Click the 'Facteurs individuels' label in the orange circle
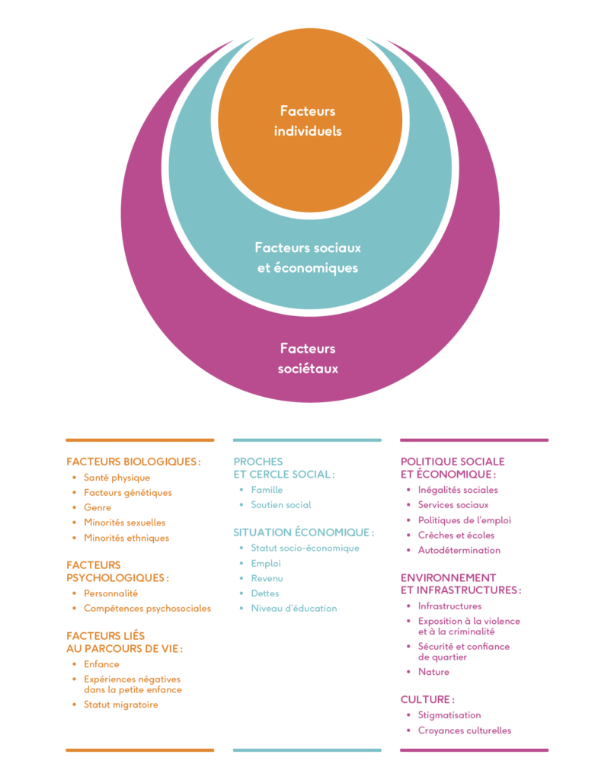pyautogui.click(x=308, y=121)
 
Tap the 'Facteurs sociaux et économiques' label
pyautogui.click(x=308, y=257)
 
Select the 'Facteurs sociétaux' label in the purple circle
pyautogui.click(x=308, y=359)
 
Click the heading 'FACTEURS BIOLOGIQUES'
pyautogui.click(x=133, y=462)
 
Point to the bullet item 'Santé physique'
pyautogui.click(x=117, y=478)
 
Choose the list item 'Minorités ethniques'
pyautogui.click(x=126, y=538)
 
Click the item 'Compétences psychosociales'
pyautogui.click(x=147, y=609)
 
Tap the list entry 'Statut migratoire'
pyautogui.click(x=121, y=705)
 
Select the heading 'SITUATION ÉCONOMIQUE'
pyautogui.click(x=303, y=532)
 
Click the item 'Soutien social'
pyautogui.click(x=281, y=505)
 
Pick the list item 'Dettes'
pyautogui.click(x=265, y=593)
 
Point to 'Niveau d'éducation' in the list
pyautogui.click(x=294, y=609)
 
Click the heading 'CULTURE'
pyautogui.click(x=427, y=699)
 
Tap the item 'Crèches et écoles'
pyautogui.click(x=456, y=535)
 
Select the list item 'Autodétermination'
pyautogui.click(x=459, y=550)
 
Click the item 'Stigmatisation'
pyautogui.click(x=449, y=714)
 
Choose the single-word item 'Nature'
pyautogui.click(x=433, y=672)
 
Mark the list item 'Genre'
pyautogui.click(x=98, y=507)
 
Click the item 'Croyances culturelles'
pyautogui.click(x=465, y=730)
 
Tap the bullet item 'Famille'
pyautogui.click(x=267, y=490)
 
